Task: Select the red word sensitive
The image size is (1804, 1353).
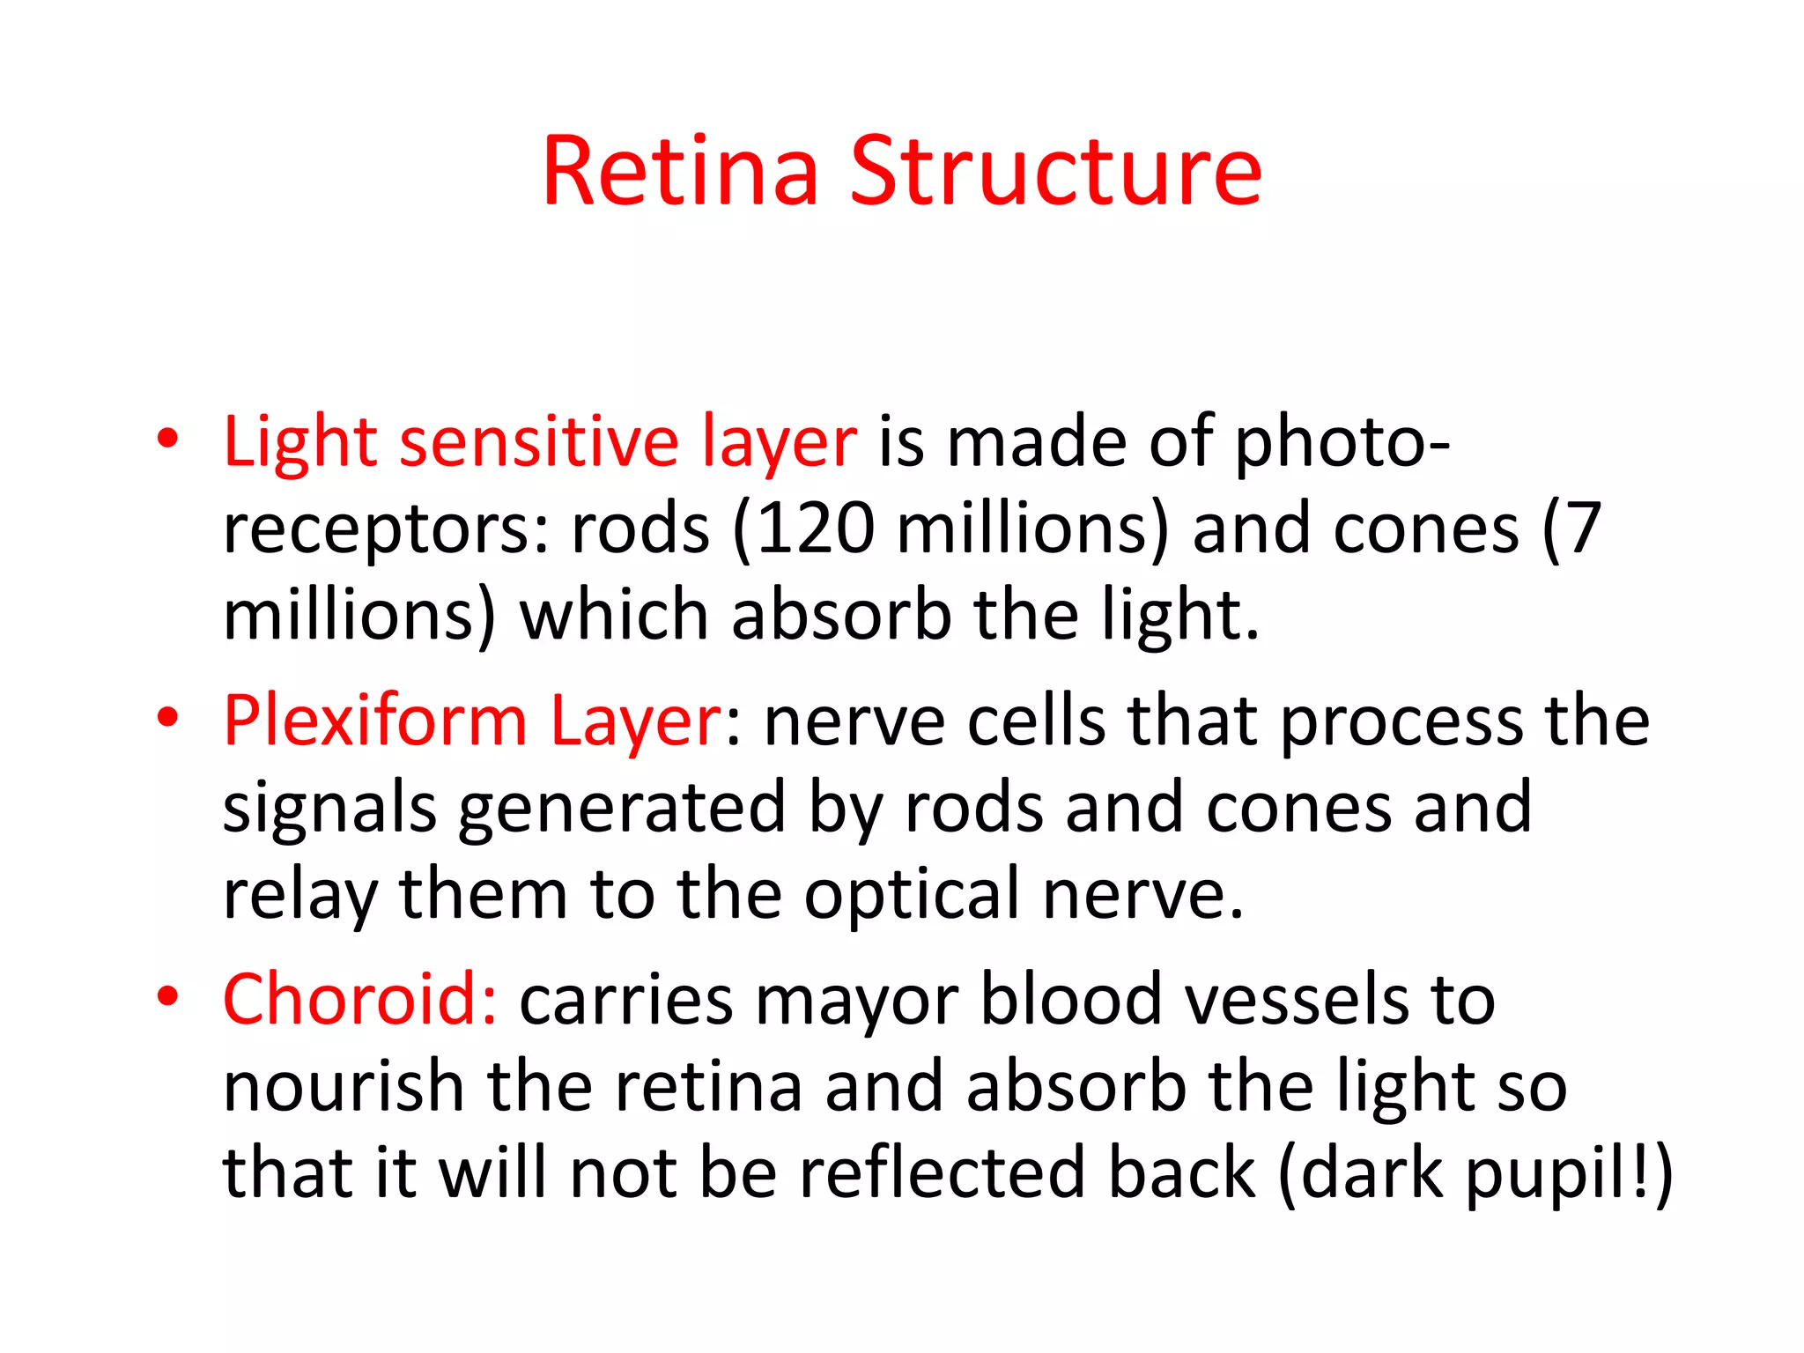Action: coord(538,441)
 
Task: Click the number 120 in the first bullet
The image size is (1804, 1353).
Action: coord(815,529)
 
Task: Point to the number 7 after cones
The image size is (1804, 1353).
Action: coord(1583,529)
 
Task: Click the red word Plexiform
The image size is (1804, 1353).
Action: coord(375,721)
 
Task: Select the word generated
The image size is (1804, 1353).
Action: coord(622,809)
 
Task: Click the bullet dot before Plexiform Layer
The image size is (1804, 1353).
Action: coord(168,717)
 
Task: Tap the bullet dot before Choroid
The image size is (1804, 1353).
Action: coord(168,996)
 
